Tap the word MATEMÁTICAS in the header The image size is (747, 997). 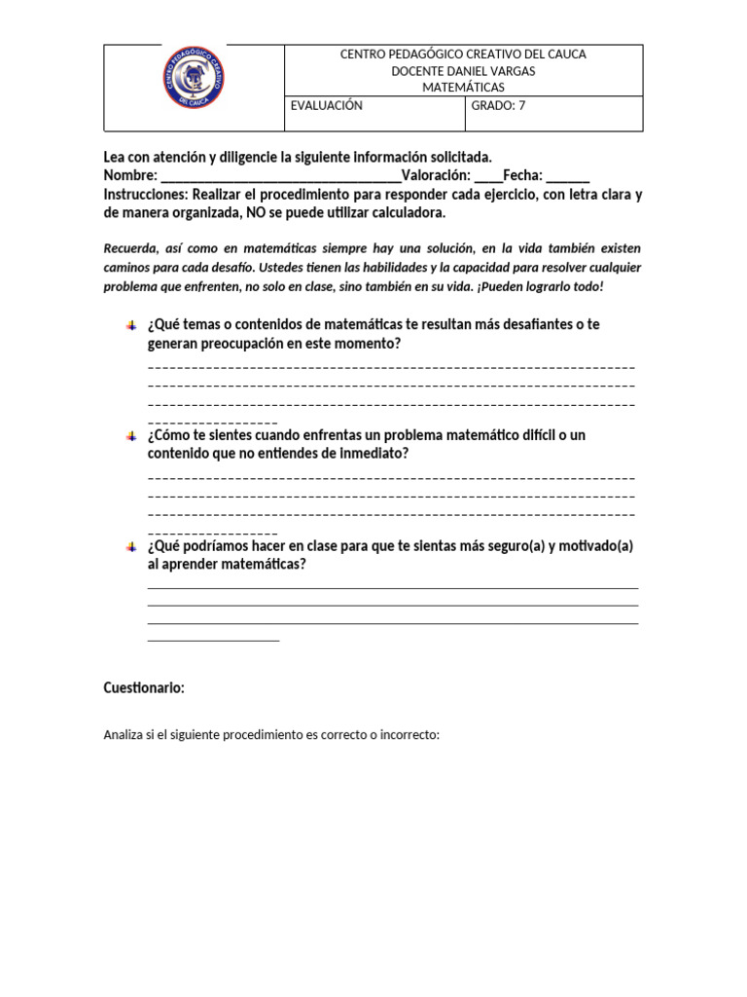point(463,87)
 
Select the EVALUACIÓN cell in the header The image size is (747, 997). point(327,106)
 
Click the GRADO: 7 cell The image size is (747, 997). point(498,106)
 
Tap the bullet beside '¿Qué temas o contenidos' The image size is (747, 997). point(131,324)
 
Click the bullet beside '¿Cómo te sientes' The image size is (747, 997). point(131,435)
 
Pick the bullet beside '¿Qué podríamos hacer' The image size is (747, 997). point(131,547)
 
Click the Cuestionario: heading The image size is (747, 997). point(144,687)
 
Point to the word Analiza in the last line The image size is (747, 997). point(124,735)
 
